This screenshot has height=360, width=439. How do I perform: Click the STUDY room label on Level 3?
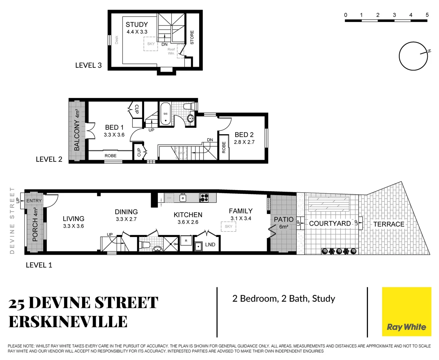click(136, 25)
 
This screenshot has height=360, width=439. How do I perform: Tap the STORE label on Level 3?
click(192, 37)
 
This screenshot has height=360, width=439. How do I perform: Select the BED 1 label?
click(114, 127)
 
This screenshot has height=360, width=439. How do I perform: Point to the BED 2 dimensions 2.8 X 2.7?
click(244, 142)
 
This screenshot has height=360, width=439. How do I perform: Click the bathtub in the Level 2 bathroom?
click(165, 114)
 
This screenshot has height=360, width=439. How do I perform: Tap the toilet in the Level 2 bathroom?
click(189, 106)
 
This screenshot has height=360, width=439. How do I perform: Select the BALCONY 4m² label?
click(77, 130)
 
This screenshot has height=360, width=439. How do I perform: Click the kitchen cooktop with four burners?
click(204, 198)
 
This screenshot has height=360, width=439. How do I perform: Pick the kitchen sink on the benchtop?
click(183, 198)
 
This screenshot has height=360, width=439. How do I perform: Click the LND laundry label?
click(210, 245)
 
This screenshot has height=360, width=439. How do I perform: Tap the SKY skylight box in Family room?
click(229, 227)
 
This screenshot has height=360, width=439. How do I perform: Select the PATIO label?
click(284, 219)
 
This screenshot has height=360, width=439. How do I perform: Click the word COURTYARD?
click(330, 223)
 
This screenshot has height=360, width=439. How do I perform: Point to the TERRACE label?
click(389, 224)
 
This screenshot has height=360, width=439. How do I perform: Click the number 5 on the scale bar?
click(427, 15)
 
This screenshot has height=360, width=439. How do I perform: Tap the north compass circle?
click(413, 56)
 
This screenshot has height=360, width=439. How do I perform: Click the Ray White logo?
click(406, 312)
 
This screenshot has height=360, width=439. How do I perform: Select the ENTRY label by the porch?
click(34, 201)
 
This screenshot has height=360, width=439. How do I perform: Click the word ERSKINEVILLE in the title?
click(68, 322)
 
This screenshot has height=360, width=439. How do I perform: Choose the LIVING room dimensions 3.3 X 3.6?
click(73, 226)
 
